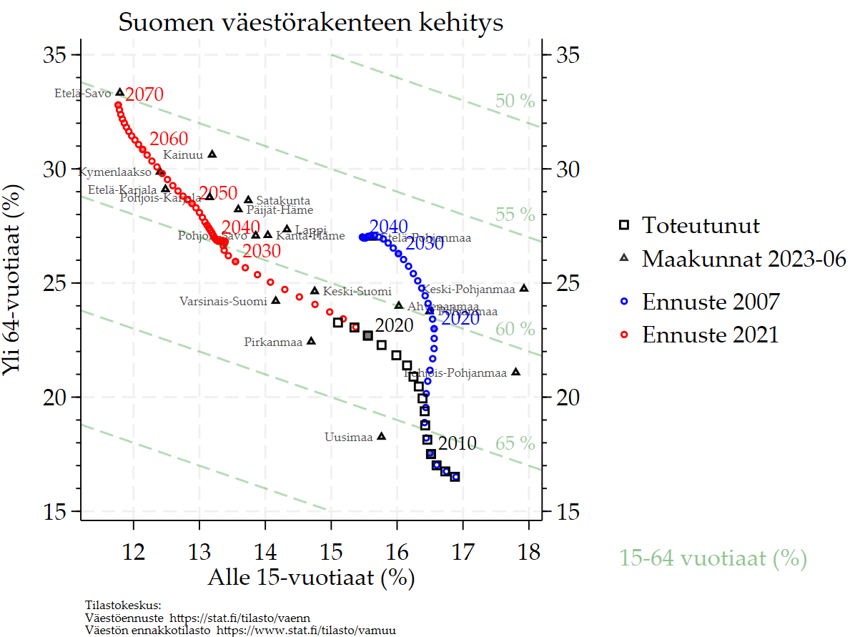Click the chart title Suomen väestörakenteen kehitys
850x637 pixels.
click(x=311, y=23)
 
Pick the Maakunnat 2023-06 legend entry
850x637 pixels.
click(x=743, y=258)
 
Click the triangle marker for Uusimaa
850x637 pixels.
click(x=381, y=436)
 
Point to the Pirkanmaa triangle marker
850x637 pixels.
click(x=311, y=341)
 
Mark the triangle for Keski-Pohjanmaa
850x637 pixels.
click(x=524, y=288)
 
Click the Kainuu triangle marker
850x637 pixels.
click(x=212, y=154)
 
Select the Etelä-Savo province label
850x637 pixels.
click(x=83, y=93)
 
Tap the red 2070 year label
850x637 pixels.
click(x=144, y=95)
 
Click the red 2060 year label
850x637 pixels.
click(x=169, y=139)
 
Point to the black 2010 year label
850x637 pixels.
click(x=457, y=444)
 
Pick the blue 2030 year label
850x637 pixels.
click(x=425, y=244)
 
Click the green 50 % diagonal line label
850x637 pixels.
click(x=515, y=102)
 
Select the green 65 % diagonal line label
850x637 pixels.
click(x=515, y=444)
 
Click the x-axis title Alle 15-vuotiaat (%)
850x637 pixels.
click(x=311, y=577)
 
